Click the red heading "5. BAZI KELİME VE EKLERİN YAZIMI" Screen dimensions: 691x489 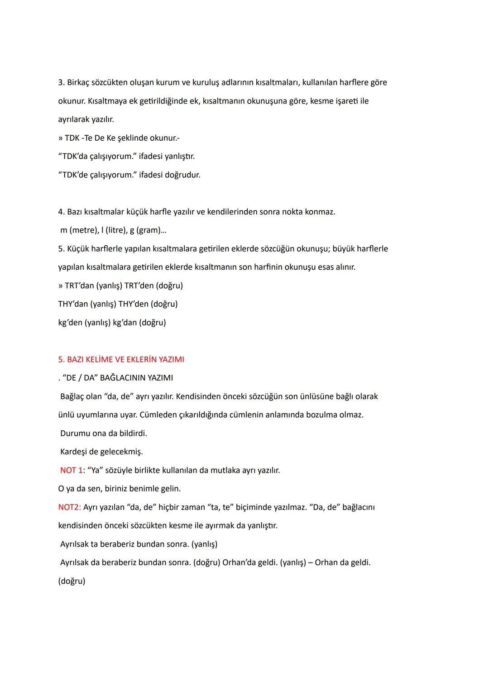[x=121, y=359]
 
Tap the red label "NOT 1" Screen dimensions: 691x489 [x=71, y=470]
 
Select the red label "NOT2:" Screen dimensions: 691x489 [x=69, y=507]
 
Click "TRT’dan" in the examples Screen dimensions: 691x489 [x=79, y=286]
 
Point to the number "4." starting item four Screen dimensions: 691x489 [x=62, y=212]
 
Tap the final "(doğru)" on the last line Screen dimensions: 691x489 [x=72, y=581]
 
